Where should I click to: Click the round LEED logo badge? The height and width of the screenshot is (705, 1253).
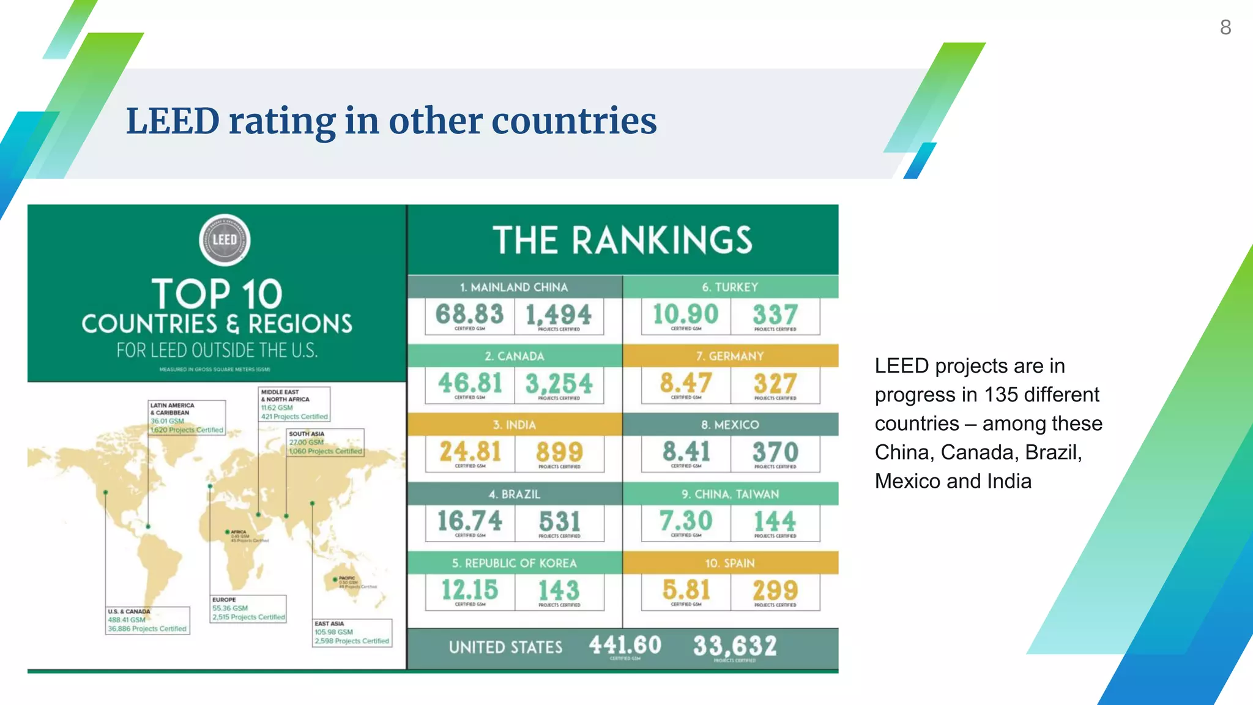(225, 240)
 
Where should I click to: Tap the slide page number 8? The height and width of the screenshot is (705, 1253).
(1225, 28)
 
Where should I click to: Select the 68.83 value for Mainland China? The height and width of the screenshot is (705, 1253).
(469, 315)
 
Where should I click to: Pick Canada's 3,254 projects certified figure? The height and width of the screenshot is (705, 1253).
(559, 384)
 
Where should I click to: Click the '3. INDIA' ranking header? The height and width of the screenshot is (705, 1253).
(515, 425)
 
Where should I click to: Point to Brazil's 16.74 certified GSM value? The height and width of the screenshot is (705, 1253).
(469, 521)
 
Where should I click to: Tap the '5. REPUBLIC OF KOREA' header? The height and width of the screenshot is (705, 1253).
(515, 563)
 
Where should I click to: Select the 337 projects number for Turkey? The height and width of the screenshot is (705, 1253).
(775, 315)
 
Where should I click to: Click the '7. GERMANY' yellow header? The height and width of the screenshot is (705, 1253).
(730, 356)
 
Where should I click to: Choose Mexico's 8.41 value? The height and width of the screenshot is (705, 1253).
(686, 452)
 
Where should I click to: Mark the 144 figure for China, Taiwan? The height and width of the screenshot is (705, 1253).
(775, 521)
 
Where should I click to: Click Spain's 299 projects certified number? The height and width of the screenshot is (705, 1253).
(775, 591)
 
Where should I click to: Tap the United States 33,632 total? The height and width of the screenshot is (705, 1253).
(735, 646)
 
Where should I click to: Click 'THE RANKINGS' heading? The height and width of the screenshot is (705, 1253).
(623, 240)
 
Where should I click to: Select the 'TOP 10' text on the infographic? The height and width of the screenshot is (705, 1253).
(217, 294)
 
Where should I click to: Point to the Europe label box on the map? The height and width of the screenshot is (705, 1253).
(248, 609)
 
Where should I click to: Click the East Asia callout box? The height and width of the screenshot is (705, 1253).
(352, 633)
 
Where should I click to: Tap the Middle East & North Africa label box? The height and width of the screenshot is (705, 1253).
(294, 404)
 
